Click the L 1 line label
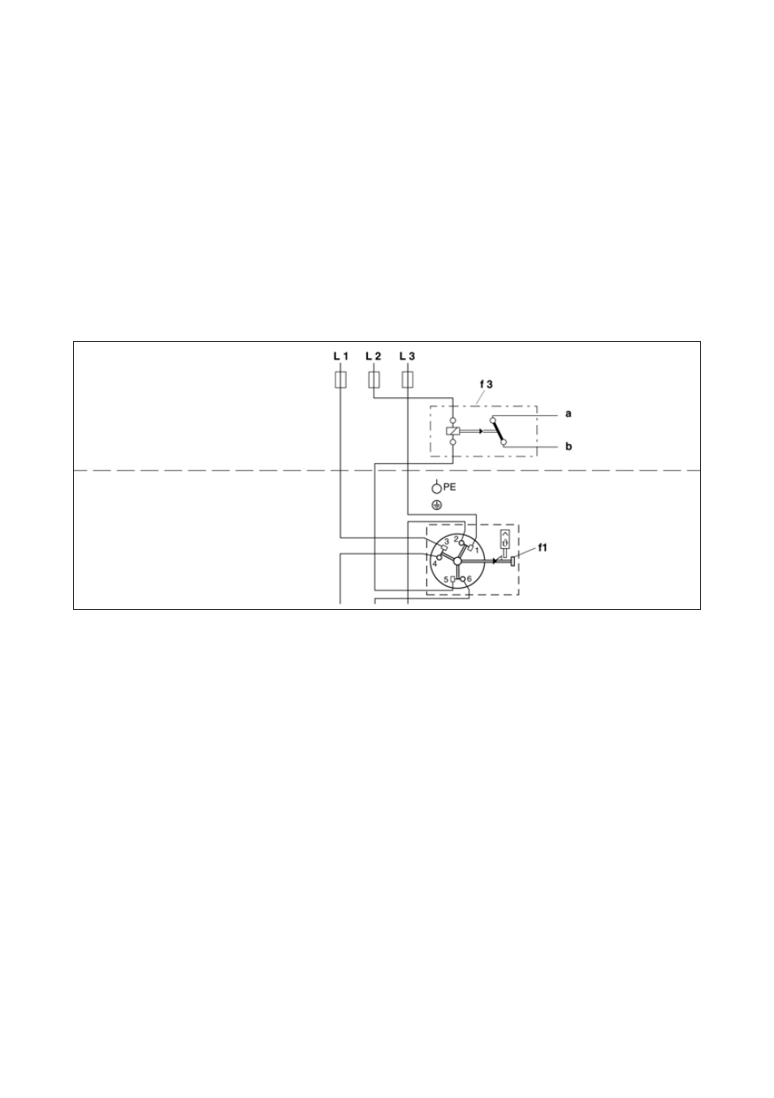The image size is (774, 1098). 340,357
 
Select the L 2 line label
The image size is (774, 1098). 373,357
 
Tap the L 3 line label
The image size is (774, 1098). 407,357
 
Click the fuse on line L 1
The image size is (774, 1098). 340,379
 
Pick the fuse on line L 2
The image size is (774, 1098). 374,379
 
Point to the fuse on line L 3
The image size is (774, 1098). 408,379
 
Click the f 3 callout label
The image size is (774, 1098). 486,385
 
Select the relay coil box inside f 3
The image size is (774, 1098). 452,431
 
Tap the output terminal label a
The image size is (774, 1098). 569,413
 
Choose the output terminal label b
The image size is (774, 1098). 569,447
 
